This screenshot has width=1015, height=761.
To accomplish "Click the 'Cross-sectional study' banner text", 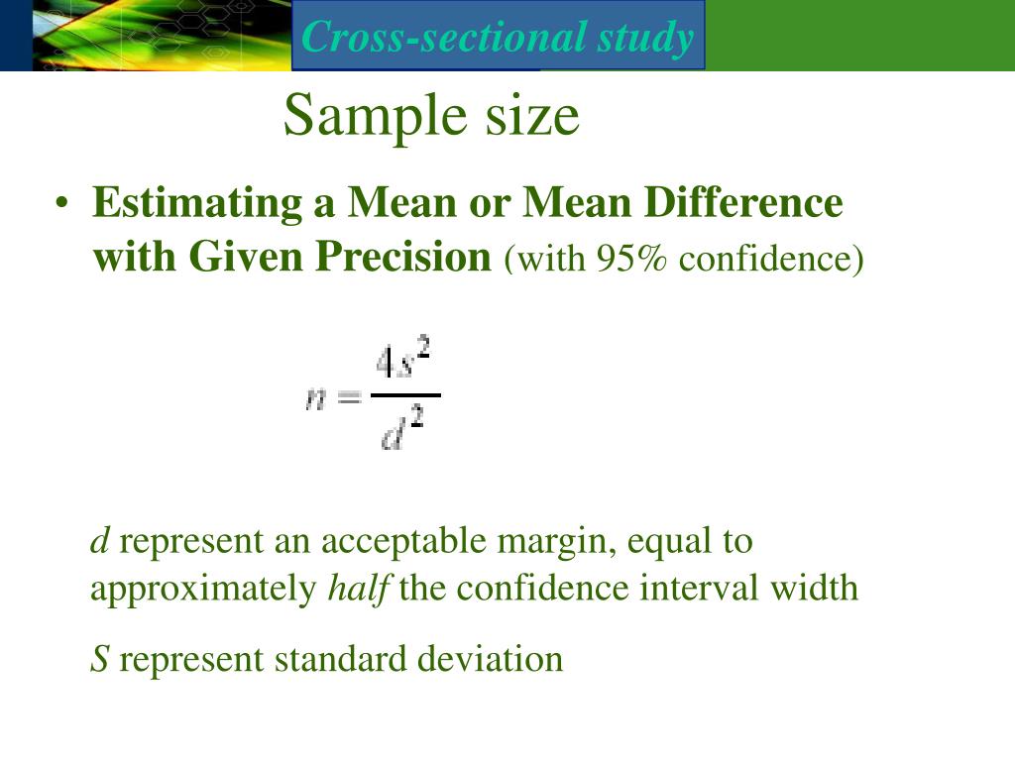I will [x=498, y=37].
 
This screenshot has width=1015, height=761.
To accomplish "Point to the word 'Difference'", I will [x=744, y=203].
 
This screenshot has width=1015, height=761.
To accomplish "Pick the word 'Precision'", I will [x=404, y=258].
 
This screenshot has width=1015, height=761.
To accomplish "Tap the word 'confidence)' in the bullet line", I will [x=772, y=259].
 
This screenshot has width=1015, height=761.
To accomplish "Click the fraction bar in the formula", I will [x=404, y=395].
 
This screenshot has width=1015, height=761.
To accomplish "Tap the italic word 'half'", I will [x=359, y=588].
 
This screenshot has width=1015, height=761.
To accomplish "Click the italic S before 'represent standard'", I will [x=99, y=659].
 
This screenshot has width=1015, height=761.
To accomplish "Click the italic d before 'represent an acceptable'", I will [x=99, y=541].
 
